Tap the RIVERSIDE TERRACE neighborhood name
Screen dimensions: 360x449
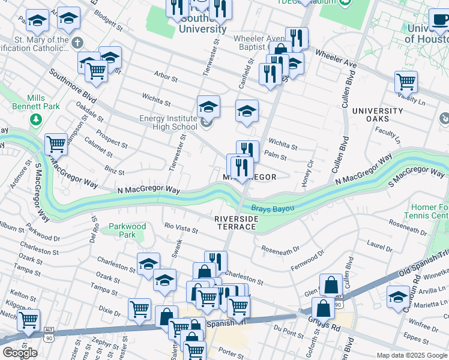click(237, 223)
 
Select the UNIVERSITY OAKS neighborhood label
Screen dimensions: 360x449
click(378, 115)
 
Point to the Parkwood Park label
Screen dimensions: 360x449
click(127, 230)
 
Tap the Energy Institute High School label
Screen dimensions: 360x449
click(168, 122)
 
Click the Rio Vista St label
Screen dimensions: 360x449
click(181, 229)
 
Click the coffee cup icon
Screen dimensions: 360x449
click(441, 19)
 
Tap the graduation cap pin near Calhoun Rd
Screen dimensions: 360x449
click(398, 296)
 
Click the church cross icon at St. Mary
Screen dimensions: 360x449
click(77, 43)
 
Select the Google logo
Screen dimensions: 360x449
click(20, 353)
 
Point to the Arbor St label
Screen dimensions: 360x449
click(166, 78)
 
